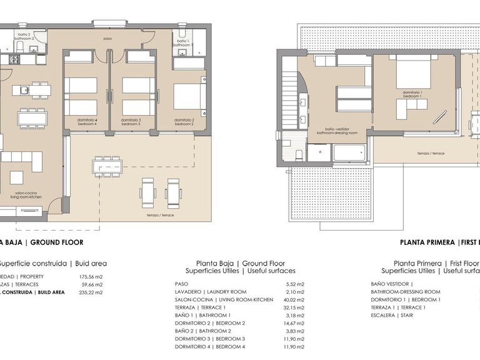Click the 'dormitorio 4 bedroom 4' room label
[87, 122]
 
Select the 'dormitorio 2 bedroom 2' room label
[184, 122]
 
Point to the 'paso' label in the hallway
[108, 39]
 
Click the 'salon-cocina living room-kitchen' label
[24, 194]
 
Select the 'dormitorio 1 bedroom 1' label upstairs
[412, 94]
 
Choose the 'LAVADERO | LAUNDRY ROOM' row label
[211, 292]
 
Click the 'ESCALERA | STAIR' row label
[391, 316]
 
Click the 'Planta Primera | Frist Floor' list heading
[436, 263]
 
